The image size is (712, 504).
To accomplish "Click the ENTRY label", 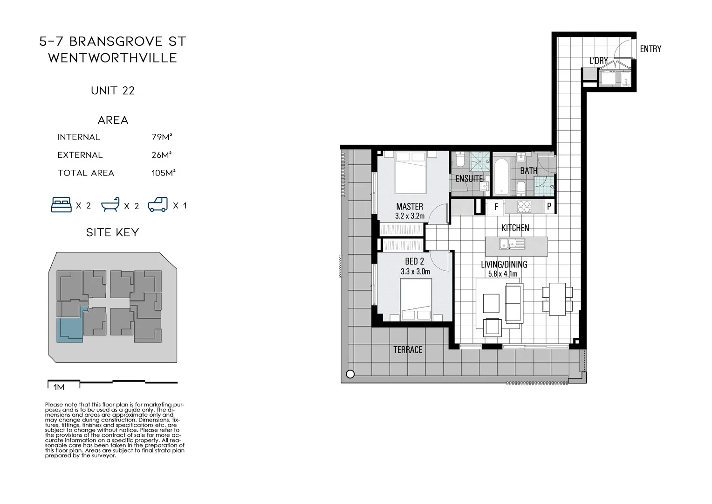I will pyautogui.click(x=650, y=49).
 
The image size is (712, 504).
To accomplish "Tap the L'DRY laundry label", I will pyautogui.click(x=598, y=61).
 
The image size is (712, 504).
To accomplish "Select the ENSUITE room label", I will pyautogui.click(x=469, y=178).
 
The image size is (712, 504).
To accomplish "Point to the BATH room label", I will pyautogui.click(x=528, y=171).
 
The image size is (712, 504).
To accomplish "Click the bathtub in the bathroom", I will pyautogui.click(x=501, y=176).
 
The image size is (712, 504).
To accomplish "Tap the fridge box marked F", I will pyautogui.click(x=496, y=206).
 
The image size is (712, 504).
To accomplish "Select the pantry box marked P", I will pyautogui.click(x=549, y=206).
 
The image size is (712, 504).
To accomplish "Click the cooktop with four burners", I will pyautogui.click(x=524, y=206).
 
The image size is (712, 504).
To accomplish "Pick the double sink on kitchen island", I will pyautogui.click(x=512, y=244).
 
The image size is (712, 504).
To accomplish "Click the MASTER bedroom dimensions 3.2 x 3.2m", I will pyautogui.click(x=410, y=216).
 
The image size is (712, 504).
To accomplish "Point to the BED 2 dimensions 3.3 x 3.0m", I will pyautogui.click(x=415, y=271).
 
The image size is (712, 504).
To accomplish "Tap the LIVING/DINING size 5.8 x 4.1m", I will pyautogui.click(x=503, y=274).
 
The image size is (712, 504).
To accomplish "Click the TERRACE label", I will pyautogui.click(x=408, y=350).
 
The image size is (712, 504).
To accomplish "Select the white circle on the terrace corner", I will pyautogui.click(x=350, y=374).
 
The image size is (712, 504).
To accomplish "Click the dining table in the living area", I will pyautogui.click(x=557, y=299).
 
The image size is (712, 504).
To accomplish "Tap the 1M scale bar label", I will pyautogui.click(x=59, y=387).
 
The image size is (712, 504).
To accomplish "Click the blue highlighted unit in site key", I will pyautogui.click(x=68, y=329).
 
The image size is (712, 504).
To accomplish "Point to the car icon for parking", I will pyautogui.click(x=157, y=205).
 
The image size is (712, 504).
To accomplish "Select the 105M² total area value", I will pyautogui.click(x=163, y=173).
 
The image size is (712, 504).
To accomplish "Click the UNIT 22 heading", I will pyautogui.click(x=113, y=91).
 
